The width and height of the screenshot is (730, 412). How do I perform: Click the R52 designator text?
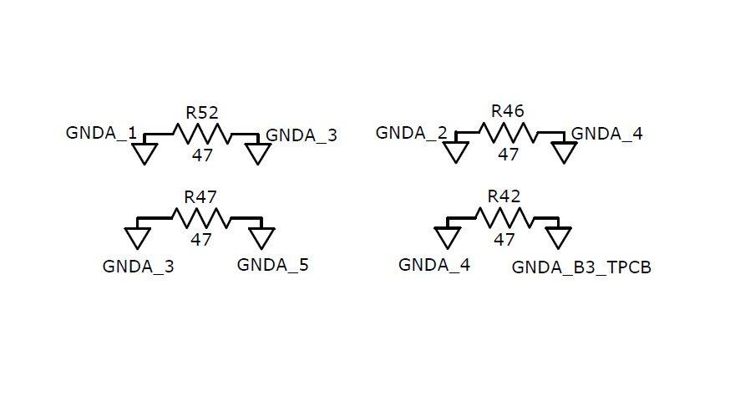tap(200, 113)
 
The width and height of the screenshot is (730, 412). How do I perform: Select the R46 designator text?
tap(507, 111)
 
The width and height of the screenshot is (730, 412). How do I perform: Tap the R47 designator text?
tap(200, 197)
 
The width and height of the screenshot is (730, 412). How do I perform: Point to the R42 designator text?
tap(504, 196)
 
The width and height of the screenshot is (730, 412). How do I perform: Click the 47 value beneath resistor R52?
tap(201, 155)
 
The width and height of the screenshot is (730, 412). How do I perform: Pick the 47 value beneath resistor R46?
tap(508, 154)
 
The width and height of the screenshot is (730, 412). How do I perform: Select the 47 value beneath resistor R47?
tap(200, 239)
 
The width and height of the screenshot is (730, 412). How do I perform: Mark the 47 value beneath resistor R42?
tap(504, 239)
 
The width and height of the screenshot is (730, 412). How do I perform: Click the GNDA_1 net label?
tap(101, 133)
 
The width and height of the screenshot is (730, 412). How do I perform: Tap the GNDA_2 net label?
tap(411, 132)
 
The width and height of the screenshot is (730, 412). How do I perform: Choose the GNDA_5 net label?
tap(272, 266)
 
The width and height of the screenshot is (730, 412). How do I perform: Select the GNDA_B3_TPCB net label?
tap(581, 268)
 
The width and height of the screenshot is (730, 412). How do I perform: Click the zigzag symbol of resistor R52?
tap(200, 134)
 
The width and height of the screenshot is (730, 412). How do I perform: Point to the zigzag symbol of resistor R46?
tap(508, 133)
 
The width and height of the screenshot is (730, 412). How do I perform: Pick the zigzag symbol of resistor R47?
tap(200, 218)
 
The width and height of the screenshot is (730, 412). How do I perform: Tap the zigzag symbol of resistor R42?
tap(504, 218)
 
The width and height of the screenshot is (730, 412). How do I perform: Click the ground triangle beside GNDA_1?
tap(145, 153)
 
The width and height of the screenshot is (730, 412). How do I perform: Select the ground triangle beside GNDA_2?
tap(455, 152)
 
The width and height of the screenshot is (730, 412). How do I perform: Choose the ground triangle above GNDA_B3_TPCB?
tap(559, 238)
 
